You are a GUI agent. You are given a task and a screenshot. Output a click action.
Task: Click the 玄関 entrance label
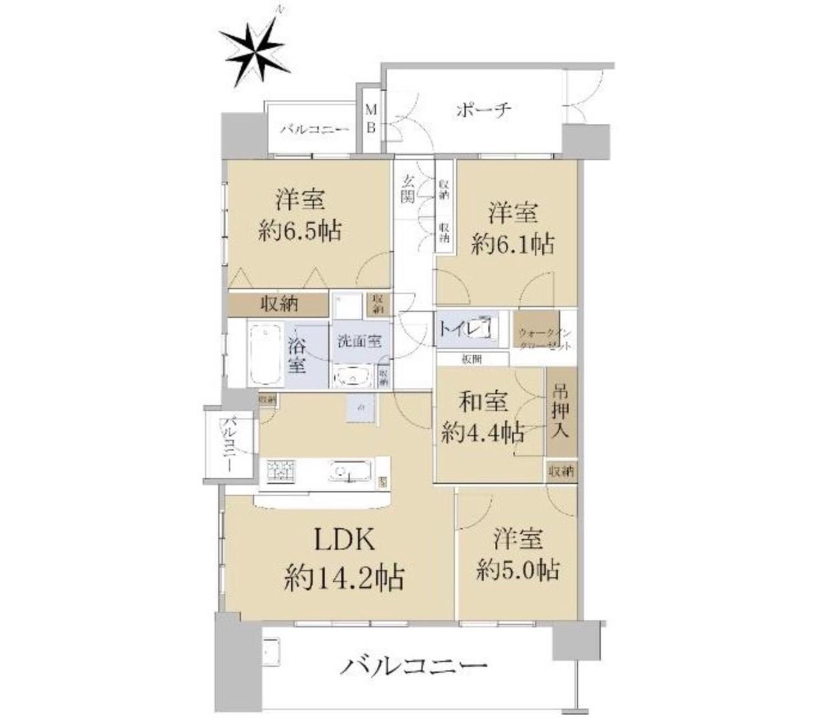408,189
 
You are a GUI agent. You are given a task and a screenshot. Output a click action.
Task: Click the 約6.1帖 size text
512,245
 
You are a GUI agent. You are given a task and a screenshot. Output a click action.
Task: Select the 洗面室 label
359,340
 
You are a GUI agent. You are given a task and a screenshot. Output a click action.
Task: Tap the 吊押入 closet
560,411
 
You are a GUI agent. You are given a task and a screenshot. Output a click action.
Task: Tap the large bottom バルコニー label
413,665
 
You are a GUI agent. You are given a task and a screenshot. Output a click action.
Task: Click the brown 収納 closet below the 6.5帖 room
279,304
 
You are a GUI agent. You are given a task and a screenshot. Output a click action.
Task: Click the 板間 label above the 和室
471,359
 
